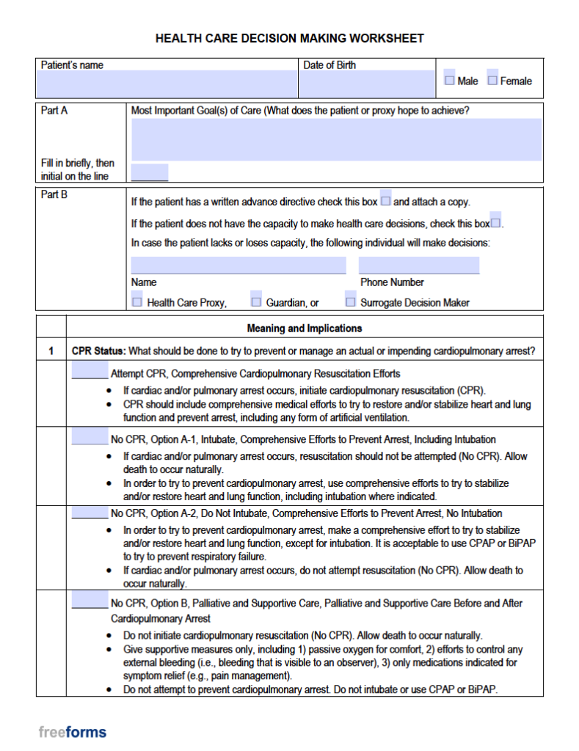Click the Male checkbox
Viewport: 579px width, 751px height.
449,80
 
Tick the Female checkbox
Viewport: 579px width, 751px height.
492,80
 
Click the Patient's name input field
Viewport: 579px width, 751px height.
167,84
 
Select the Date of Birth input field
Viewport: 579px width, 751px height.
367,84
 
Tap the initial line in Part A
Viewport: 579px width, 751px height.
150,173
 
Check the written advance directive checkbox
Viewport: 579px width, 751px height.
386,201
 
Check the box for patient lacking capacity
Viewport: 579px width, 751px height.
495,223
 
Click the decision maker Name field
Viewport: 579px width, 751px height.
238,265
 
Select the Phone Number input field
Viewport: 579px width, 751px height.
418,265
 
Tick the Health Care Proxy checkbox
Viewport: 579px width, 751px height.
137,301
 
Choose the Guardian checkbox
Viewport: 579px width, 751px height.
256,301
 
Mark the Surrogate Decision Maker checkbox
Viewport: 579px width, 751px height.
351,301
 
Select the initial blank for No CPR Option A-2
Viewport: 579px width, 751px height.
90,513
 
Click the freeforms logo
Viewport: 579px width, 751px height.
73,732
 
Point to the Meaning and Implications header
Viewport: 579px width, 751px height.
304,328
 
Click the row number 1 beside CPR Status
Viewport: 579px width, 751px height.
51,351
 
